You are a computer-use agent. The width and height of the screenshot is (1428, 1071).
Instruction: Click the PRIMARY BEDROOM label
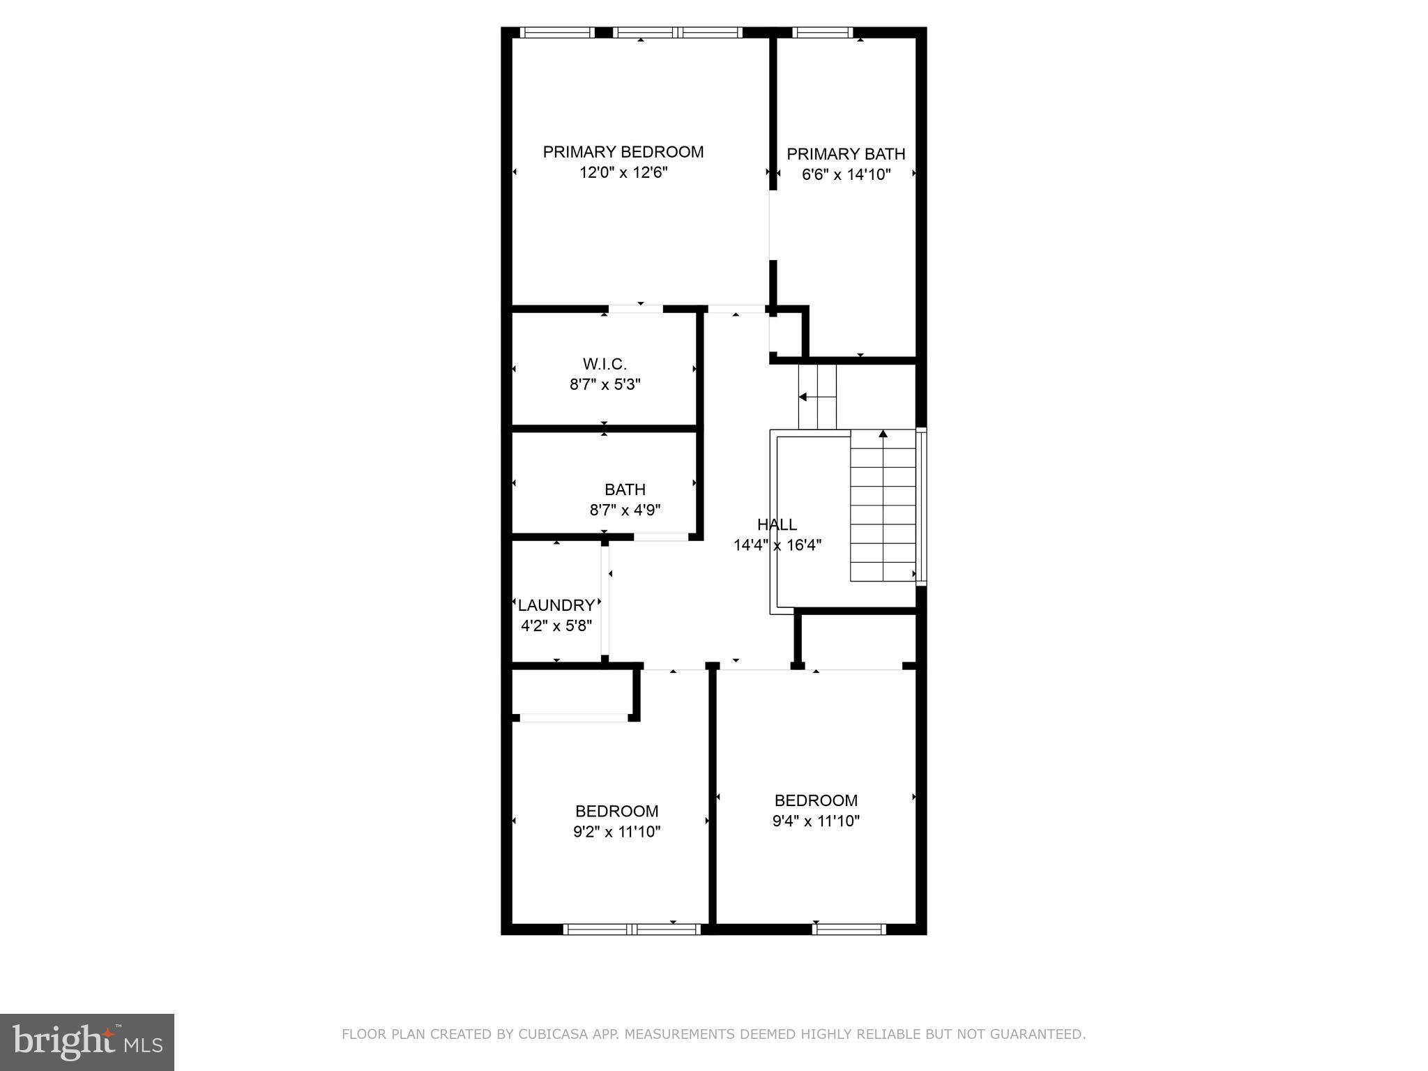tap(623, 152)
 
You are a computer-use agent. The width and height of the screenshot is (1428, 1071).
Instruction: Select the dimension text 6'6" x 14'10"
tap(846, 174)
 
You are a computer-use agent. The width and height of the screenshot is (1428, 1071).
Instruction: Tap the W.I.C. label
tap(605, 364)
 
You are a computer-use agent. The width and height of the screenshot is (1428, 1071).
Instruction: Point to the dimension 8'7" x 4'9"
tap(625, 510)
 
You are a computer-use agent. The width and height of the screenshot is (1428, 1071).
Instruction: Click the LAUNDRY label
tap(556, 605)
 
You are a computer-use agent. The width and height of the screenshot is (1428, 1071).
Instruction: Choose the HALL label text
tap(777, 525)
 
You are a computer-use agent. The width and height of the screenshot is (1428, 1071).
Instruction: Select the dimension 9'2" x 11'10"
tap(616, 832)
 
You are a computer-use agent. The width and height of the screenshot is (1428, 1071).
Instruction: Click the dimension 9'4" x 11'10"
tap(816, 821)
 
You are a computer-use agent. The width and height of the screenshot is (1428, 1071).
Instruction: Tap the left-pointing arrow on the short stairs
tap(803, 397)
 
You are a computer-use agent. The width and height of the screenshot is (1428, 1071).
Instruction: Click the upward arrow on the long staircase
tap(883, 434)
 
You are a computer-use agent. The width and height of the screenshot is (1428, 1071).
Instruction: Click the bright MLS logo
tap(87, 1042)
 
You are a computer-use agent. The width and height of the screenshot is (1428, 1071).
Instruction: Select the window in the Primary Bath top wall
tap(823, 32)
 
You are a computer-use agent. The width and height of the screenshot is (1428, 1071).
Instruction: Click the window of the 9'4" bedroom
tap(849, 929)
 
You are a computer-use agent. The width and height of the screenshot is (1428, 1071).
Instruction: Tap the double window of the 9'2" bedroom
tap(632, 929)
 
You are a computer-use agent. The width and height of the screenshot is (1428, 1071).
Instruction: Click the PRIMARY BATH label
tap(846, 154)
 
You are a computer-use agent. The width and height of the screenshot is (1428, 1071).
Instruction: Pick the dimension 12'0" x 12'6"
tap(623, 173)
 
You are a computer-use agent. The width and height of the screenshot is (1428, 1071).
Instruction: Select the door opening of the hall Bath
tap(661, 537)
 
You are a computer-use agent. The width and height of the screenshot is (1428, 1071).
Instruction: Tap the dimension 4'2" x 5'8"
tap(556, 626)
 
